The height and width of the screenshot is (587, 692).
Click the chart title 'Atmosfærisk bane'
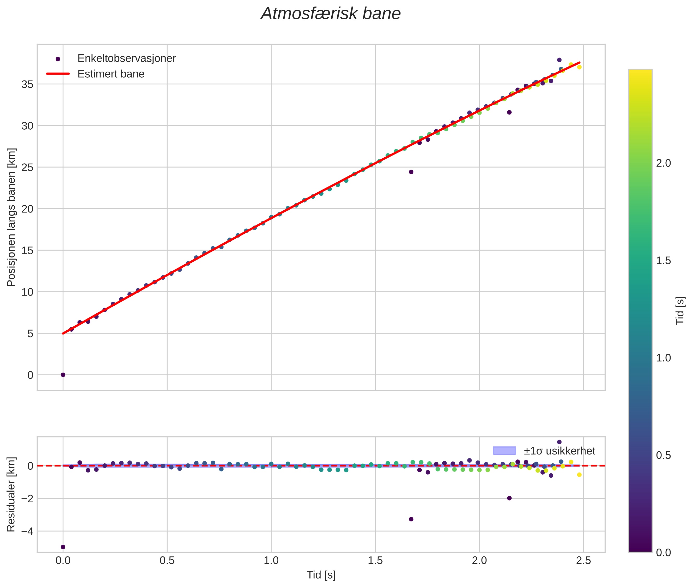point(331,14)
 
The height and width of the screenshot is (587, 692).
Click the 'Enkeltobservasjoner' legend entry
point(126,59)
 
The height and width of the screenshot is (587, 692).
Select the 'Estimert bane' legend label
point(111,74)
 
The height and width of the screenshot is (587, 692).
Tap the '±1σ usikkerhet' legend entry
point(559,451)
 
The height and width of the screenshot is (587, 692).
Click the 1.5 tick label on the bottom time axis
point(375,561)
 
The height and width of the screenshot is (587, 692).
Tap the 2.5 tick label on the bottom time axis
point(583,561)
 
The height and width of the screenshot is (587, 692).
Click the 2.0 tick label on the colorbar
point(663,163)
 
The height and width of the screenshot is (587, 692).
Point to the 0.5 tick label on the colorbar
point(663,456)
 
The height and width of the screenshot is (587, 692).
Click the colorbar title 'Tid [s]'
point(680,310)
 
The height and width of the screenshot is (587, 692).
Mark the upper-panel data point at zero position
point(63,375)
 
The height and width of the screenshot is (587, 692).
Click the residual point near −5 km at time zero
point(63,547)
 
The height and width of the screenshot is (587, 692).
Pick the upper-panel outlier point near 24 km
point(411,172)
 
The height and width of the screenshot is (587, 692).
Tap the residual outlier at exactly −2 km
point(509,498)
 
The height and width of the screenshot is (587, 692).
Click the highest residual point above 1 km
point(559,442)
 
